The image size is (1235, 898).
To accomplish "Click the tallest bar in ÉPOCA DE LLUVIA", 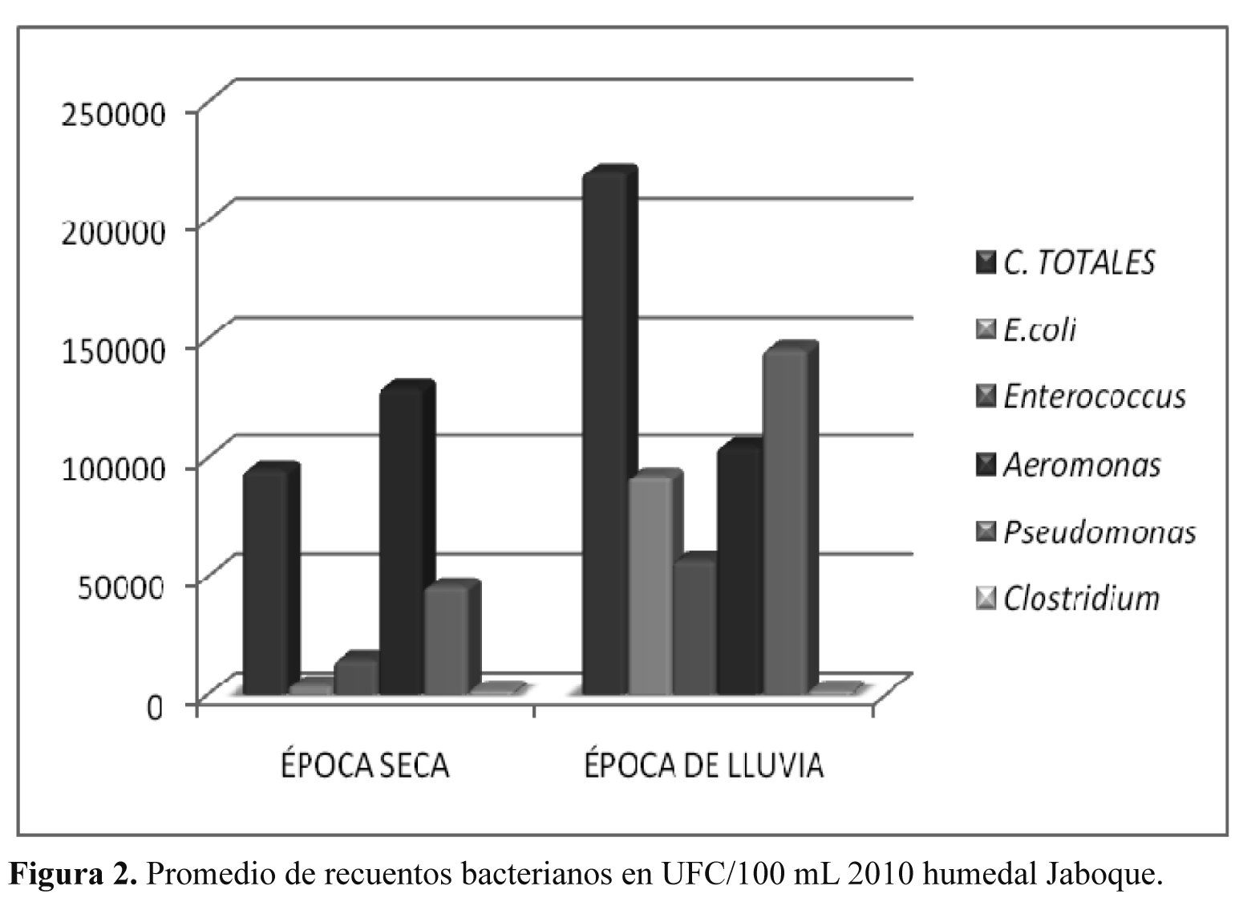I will point(604,433).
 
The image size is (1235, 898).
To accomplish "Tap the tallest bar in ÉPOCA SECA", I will point(401,542).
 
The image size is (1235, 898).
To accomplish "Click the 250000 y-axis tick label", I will point(115,113).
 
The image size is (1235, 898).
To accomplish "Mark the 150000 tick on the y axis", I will point(115,350).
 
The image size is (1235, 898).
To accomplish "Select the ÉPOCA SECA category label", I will point(365,765).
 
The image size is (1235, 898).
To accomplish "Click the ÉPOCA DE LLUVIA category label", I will point(703,765).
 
